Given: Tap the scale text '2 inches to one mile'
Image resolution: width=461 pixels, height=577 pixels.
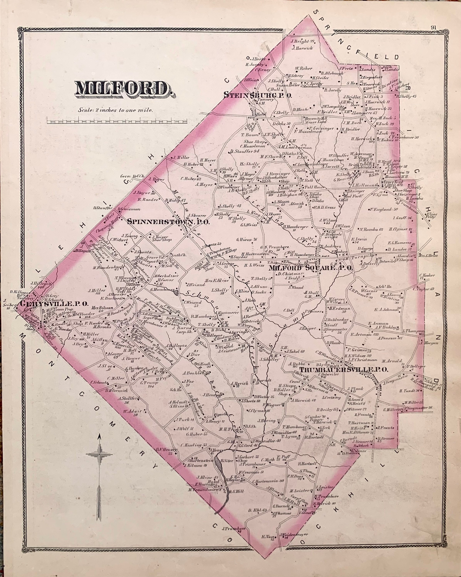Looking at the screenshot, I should (x=115, y=110).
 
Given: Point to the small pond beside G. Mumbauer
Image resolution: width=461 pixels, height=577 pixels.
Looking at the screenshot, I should (x=176, y=292).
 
